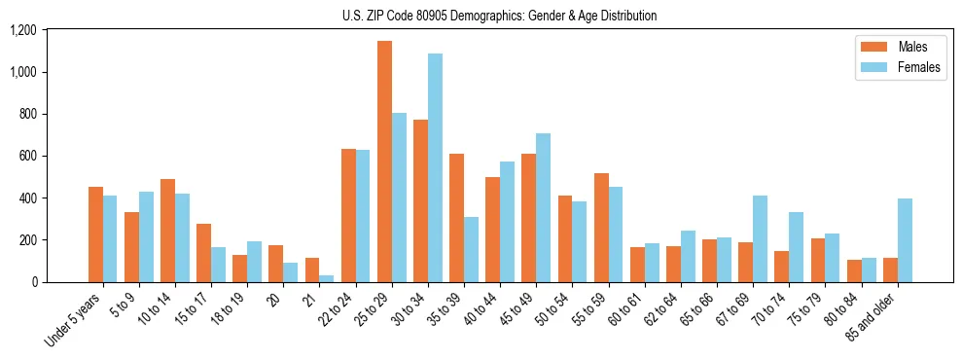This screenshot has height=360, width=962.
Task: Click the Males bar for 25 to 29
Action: click(385, 162)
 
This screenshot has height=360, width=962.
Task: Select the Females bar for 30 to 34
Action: click(435, 167)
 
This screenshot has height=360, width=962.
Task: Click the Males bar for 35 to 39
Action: click(456, 218)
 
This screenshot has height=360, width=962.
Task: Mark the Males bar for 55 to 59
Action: click(601, 228)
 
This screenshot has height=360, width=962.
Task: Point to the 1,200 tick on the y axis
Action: click(22, 30)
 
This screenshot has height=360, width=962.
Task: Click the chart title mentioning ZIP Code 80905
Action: click(499, 16)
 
